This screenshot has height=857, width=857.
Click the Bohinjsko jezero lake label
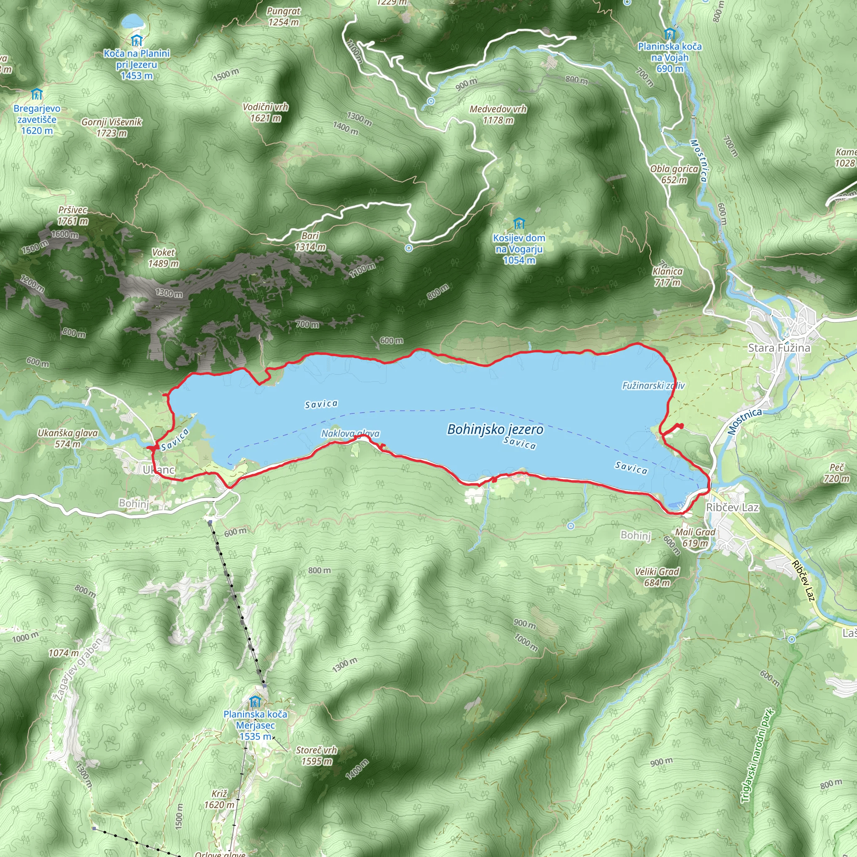point(495,429)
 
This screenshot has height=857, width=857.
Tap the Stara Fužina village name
point(779,348)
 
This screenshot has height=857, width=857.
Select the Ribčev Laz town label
point(732,508)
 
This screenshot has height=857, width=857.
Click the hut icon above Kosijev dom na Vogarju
point(518,223)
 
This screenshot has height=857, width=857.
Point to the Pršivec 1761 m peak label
point(73,215)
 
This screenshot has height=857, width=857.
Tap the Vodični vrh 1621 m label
point(265,112)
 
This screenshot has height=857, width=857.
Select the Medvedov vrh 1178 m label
point(498,114)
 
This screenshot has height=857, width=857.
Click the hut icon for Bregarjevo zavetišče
point(37,94)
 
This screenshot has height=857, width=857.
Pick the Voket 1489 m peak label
point(163,258)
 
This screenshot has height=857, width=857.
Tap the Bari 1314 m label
point(310,241)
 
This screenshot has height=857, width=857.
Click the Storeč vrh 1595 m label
point(316,755)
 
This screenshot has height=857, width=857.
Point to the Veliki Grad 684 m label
point(657,577)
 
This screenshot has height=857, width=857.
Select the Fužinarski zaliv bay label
point(653,385)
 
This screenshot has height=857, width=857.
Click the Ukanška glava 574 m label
point(67,438)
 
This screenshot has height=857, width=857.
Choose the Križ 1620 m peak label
point(219,799)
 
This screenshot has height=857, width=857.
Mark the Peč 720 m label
point(836,473)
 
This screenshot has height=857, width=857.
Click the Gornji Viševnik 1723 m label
point(111,127)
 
